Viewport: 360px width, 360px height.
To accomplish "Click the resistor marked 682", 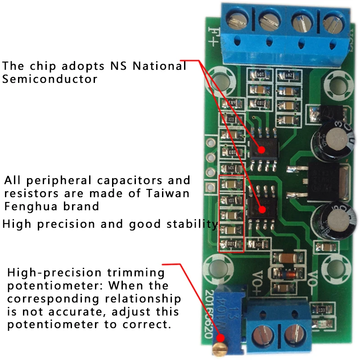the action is tap(288, 76).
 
